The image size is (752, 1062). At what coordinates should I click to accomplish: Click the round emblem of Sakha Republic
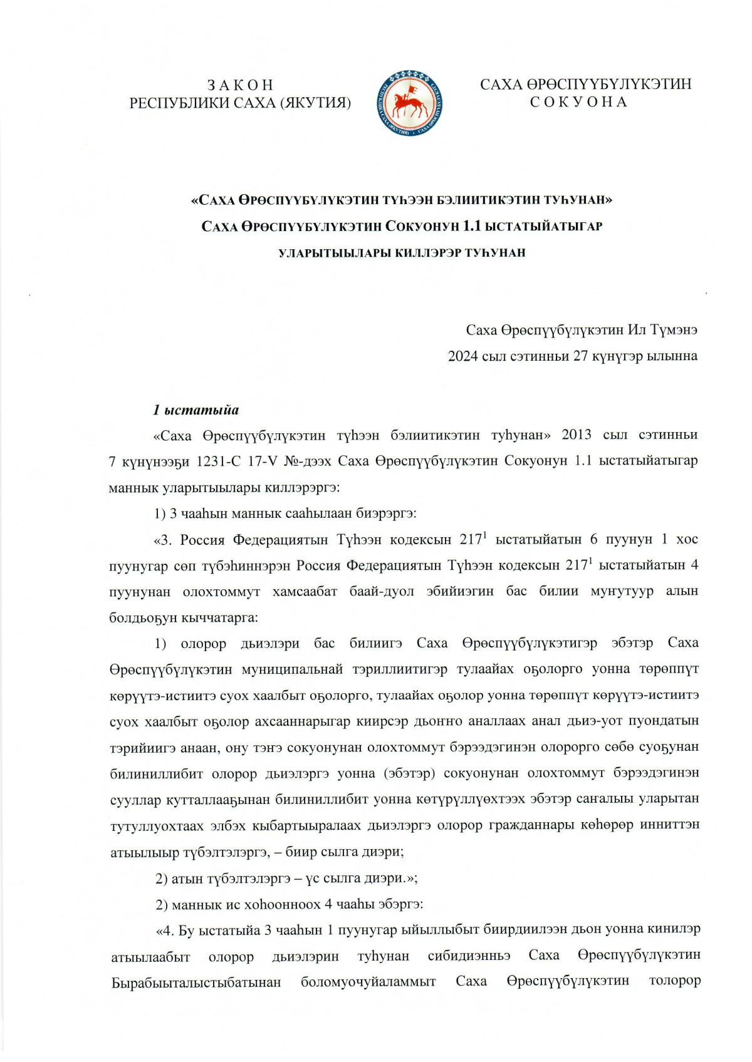(x=410, y=103)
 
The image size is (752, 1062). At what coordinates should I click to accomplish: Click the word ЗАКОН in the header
(x=240, y=85)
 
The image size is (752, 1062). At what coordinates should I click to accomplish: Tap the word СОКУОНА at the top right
(x=578, y=102)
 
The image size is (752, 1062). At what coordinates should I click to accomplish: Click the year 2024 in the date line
(x=463, y=356)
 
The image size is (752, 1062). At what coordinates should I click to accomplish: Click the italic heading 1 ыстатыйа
(x=196, y=410)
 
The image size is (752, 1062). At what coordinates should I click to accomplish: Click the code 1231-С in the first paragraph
(x=218, y=461)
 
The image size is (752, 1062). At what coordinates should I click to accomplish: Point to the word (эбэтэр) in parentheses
(x=409, y=773)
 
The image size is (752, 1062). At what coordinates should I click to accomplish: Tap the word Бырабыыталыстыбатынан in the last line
(x=196, y=982)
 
